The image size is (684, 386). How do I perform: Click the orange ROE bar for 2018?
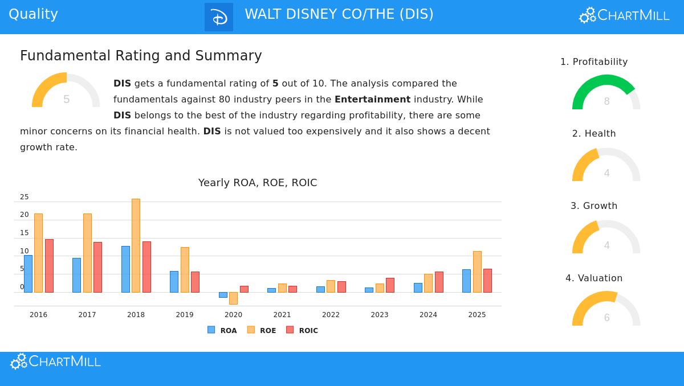tap(136, 245)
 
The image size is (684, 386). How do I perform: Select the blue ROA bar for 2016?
tap(28, 274)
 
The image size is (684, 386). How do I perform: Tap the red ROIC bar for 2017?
tap(97, 267)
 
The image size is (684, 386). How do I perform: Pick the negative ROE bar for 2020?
tap(233, 298)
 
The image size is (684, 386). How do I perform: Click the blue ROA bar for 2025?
tap(466, 281)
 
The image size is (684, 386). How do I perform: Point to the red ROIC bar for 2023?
tap(390, 285)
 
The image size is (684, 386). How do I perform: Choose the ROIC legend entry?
tap(302, 330)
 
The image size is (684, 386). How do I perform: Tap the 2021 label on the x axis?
tap(282, 315)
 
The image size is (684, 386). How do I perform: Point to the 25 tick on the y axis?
tap(24, 197)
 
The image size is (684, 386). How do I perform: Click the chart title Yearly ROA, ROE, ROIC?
tap(258, 183)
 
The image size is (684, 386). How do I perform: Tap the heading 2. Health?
tap(594, 134)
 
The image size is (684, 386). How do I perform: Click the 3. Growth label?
tap(594, 206)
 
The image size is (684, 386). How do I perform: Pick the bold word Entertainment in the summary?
tap(372, 100)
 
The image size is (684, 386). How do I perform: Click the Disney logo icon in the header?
tap(219, 17)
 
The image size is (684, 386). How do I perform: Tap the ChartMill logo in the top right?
tap(624, 15)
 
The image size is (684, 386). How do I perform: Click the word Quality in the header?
tap(33, 14)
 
